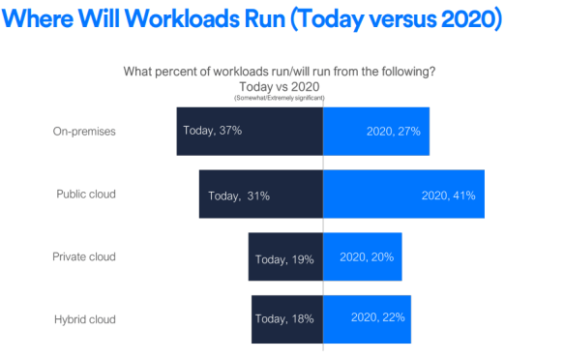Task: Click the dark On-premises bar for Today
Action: [x=249, y=131]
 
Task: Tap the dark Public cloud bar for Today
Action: [x=260, y=195]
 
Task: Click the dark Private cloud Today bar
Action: [x=285, y=257]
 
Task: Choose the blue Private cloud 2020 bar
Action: [x=362, y=257]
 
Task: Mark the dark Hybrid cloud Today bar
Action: [x=286, y=318]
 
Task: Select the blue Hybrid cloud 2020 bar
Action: [x=367, y=318]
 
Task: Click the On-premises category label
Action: [x=85, y=132]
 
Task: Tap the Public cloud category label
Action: [x=86, y=194]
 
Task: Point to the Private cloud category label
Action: [x=84, y=256]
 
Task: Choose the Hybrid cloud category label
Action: [x=85, y=318]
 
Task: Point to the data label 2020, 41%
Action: [x=448, y=195]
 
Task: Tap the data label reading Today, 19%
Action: [x=284, y=259]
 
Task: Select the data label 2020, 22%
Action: [x=377, y=316]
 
